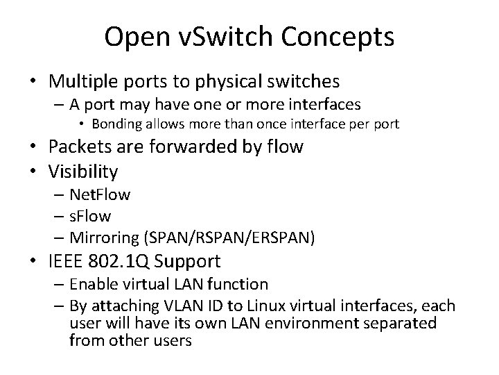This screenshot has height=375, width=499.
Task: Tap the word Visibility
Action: click(x=83, y=171)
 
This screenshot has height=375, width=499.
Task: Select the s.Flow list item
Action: click(x=90, y=216)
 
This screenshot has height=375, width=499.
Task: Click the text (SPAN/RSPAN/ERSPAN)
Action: click(x=229, y=237)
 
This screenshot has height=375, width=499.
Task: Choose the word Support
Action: click(x=189, y=262)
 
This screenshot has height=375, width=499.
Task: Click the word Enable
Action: click(x=94, y=284)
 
